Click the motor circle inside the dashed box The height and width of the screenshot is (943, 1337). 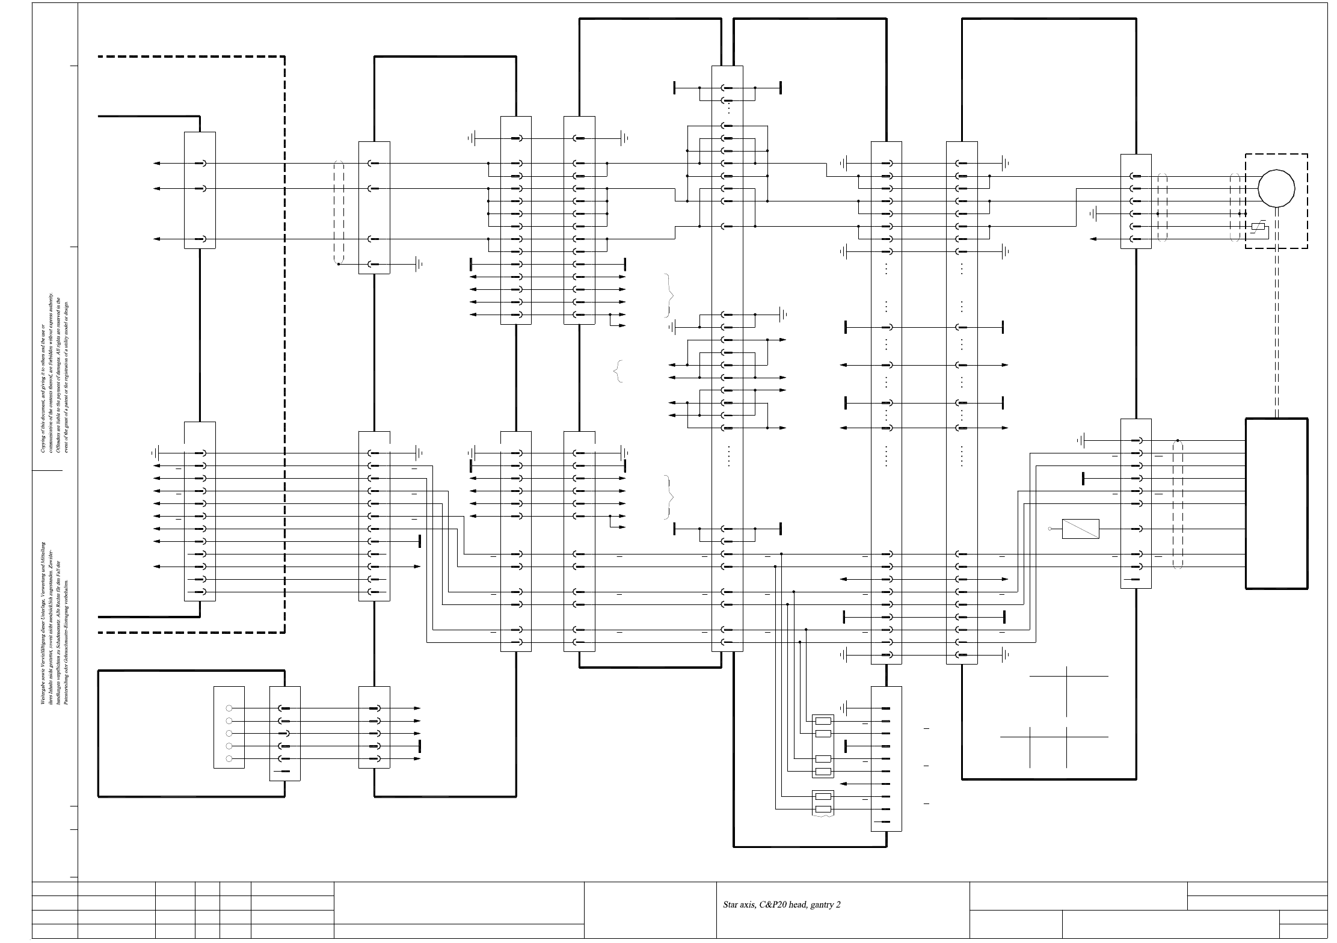coord(1276,188)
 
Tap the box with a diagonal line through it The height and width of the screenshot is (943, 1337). coord(1080,529)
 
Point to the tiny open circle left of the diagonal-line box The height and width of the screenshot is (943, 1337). coord(1050,529)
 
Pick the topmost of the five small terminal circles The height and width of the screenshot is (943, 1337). coord(229,708)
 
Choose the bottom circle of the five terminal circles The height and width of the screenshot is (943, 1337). coord(229,759)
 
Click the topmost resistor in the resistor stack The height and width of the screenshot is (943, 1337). coord(823,721)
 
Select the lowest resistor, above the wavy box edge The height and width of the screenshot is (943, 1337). coord(823,809)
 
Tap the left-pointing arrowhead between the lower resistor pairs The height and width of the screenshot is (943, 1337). coord(843,784)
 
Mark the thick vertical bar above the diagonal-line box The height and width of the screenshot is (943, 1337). coord(1083,479)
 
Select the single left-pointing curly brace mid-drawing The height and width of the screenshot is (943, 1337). coord(617,371)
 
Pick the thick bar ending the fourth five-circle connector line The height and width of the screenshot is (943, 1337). coord(420,746)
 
